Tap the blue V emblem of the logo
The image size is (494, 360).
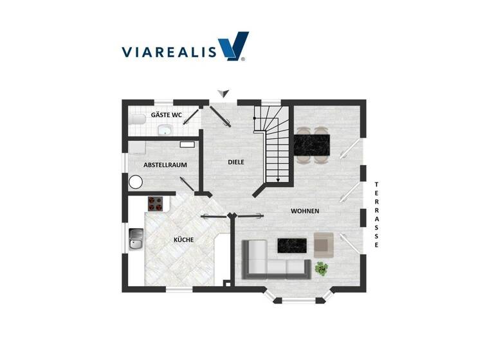(x=232, y=47)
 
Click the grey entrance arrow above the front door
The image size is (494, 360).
(x=223, y=93)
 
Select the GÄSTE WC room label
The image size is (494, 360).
(x=167, y=115)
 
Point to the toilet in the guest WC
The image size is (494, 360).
(x=136, y=120)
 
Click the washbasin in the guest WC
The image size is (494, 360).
(x=165, y=130)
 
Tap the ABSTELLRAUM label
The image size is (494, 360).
(x=165, y=165)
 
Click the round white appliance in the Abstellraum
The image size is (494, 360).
(x=135, y=182)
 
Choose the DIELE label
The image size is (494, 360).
(x=236, y=162)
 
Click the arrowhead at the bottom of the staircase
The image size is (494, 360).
(x=277, y=180)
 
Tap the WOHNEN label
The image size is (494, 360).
(x=305, y=211)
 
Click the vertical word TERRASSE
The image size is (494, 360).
(x=377, y=215)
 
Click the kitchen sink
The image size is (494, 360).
(x=136, y=239)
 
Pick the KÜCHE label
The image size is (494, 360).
(x=184, y=240)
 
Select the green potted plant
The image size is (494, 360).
(x=322, y=269)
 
